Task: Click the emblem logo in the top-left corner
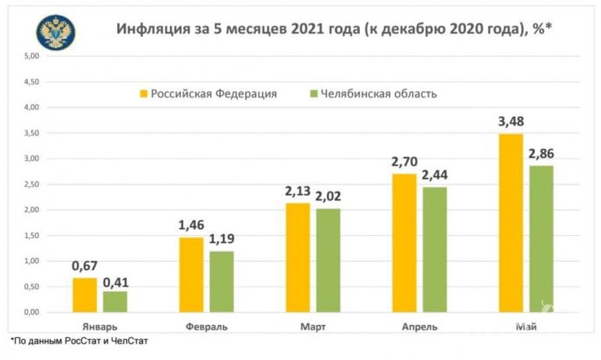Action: click(x=55, y=32)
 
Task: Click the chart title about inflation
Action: click(x=335, y=30)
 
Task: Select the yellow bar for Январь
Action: click(x=85, y=295)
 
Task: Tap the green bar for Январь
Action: click(x=115, y=301)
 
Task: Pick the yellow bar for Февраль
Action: click(x=192, y=275)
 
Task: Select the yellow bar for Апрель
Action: click(x=404, y=243)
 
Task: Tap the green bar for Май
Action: click(x=541, y=238)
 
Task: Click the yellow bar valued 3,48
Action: click(x=511, y=223)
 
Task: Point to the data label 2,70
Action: click(x=404, y=163)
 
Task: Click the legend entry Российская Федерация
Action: click(x=213, y=94)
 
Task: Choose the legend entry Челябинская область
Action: click(x=378, y=94)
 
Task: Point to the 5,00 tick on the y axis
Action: click(x=31, y=56)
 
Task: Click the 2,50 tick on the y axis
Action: click(x=31, y=184)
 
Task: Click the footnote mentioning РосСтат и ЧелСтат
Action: click(x=79, y=341)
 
